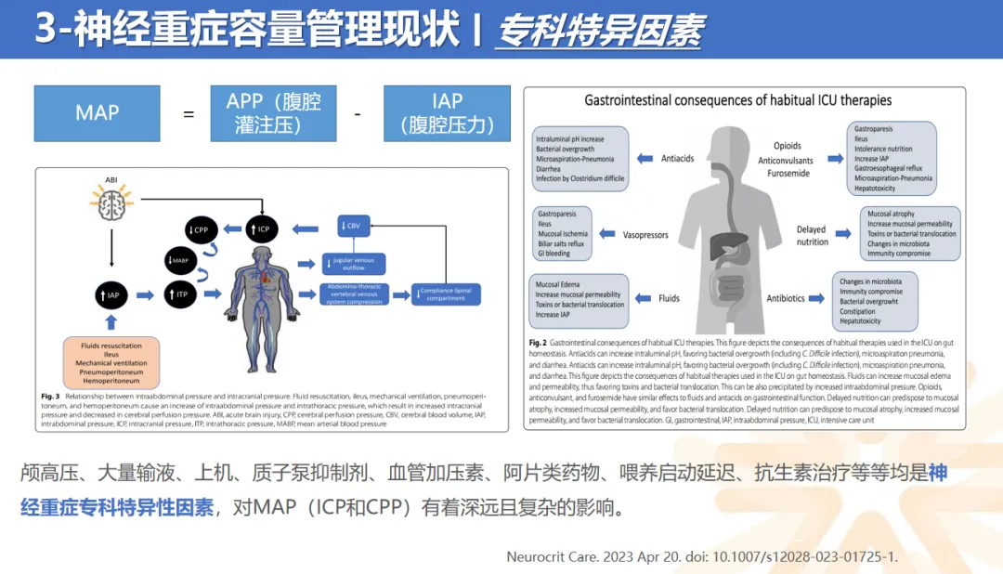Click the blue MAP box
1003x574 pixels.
pos(97,113)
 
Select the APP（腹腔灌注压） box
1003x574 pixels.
pos(273,113)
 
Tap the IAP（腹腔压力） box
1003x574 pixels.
pos(447,113)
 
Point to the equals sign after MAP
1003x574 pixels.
pos(189,114)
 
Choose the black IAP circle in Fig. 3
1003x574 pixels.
pos(111,294)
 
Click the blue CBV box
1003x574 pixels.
pos(354,225)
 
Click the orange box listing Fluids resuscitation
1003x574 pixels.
pos(111,362)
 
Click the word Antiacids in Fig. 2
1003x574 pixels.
pos(677,158)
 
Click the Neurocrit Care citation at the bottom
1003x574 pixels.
pos(702,556)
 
